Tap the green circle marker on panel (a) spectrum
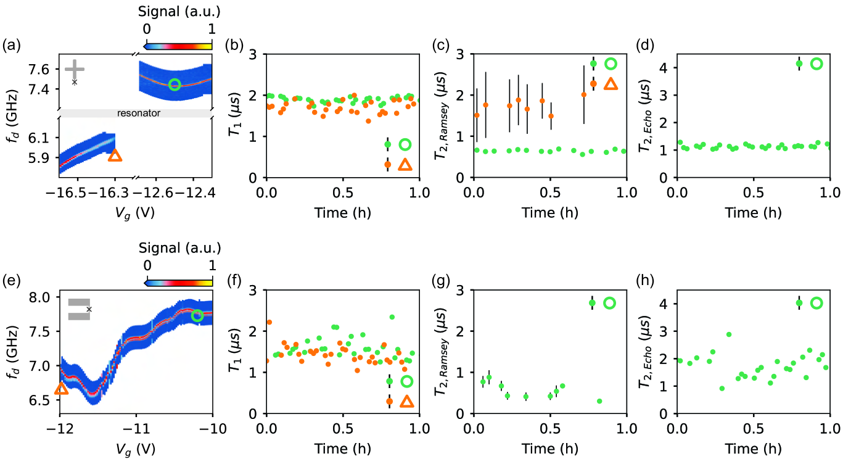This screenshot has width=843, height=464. tap(175, 85)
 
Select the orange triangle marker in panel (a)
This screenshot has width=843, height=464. tap(115, 155)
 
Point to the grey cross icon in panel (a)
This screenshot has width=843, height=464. tap(74, 70)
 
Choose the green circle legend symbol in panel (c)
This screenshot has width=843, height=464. tap(611, 64)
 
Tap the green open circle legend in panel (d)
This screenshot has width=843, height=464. tap(816, 64)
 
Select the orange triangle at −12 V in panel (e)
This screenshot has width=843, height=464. tap(61, 389)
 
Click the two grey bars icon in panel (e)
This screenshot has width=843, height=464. tap(79, 309)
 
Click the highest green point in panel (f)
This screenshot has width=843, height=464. tap(392, 317)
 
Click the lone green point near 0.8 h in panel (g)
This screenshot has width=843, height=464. tap(599, 401)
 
